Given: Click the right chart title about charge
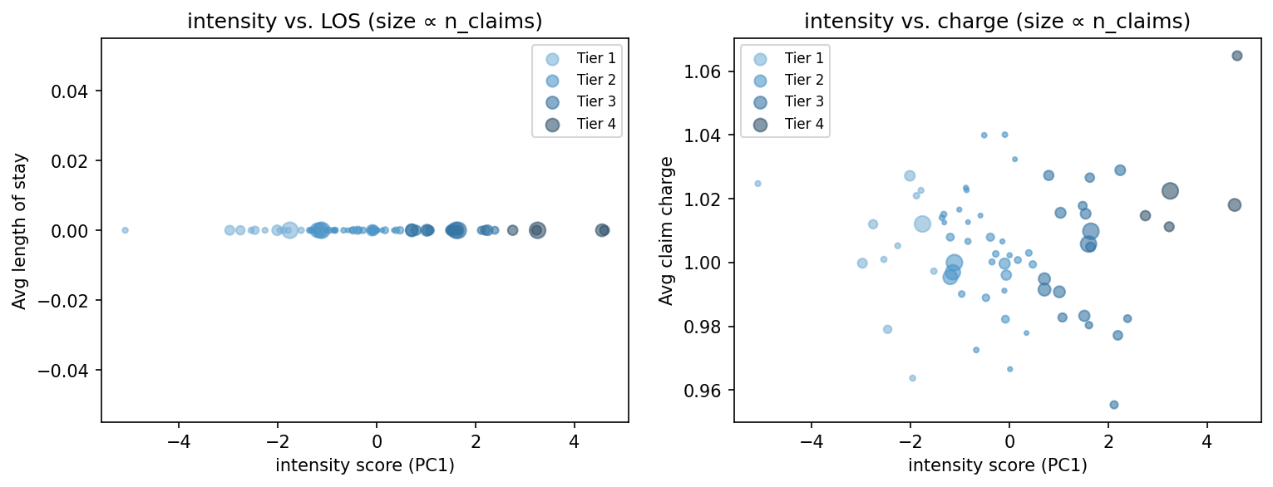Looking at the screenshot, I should [x=997, y=22].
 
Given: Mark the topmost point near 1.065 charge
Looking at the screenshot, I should [x=1236, y=56].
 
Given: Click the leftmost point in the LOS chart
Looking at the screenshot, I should [x=125, y=230].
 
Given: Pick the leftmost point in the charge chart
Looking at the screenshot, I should [x=757, y=184].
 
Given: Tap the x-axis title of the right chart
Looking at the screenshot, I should [x=997, y=465].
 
